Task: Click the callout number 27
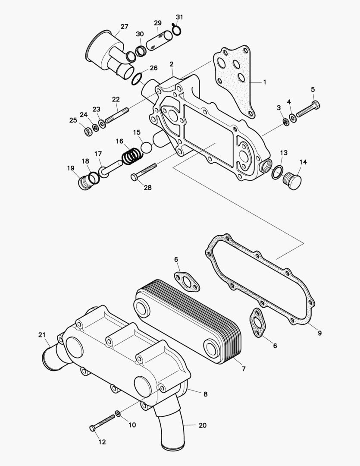pos(124,27)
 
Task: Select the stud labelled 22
pos(116,115)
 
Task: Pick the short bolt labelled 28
pos(144,172)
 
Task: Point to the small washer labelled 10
pos(118,415)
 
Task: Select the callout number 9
pos(319,333)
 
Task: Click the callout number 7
pos(244,369)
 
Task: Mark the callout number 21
pos(41,335)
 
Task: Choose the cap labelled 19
pos(85,182)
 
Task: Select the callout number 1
pos(265,82)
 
